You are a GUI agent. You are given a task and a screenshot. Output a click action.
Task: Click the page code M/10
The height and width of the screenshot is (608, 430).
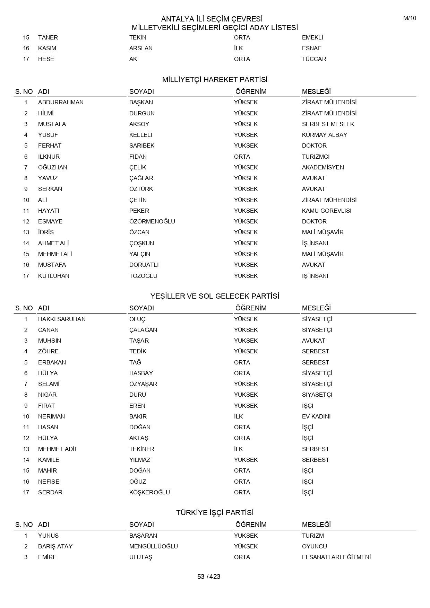tap(410, 18)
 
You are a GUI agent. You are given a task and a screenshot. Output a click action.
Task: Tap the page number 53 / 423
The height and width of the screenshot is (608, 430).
tap(209, 576)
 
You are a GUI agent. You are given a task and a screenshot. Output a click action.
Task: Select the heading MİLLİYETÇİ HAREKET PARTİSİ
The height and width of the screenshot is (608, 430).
tap(215, 80)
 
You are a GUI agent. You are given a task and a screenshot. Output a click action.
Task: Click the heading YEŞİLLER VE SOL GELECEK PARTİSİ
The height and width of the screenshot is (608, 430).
tap(215, 296)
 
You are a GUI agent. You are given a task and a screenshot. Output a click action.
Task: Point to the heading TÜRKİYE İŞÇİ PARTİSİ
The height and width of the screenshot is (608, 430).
tap(215, 513)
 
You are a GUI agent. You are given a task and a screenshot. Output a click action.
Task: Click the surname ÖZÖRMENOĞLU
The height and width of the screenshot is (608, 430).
tap(152, 221)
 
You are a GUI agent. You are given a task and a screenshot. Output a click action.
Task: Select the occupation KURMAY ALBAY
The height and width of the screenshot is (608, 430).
tap(324, 135)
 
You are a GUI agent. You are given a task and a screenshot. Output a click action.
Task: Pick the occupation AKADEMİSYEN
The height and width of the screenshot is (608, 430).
tap(323, 167)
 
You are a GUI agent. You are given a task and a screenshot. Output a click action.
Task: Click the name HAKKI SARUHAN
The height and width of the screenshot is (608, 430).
tap(62, 319)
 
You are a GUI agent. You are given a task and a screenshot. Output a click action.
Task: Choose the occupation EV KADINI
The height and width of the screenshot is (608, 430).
tap(316, 416)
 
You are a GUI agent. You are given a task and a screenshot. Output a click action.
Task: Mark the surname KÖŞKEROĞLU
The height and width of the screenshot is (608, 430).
tap(149, 492)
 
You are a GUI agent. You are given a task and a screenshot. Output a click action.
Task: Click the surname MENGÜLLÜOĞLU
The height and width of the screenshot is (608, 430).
tap(153, 546)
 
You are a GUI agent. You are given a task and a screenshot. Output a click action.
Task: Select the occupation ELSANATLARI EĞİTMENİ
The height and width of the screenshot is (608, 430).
tap(336, 557)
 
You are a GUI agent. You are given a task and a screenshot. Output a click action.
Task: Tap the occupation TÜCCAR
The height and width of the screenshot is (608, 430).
tap(314, 59)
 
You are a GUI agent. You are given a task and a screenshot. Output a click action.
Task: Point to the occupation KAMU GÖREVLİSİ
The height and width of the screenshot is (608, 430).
tap(326, 211)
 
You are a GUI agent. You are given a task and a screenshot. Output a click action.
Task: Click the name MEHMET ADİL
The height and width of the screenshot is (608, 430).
tap(58, 449)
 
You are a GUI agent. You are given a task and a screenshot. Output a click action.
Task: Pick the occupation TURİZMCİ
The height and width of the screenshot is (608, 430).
tap(316, 157)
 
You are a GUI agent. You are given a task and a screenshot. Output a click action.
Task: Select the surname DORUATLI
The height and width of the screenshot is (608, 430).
tap(144, 265)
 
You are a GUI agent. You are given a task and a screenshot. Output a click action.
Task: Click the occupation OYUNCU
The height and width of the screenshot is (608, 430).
tap(314, 546)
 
